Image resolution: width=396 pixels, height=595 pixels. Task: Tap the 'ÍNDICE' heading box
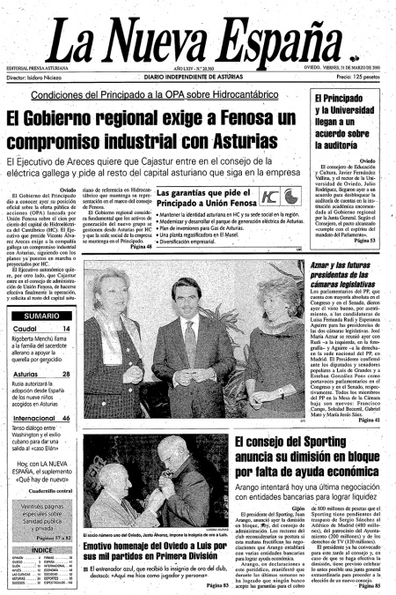(41, 524)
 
